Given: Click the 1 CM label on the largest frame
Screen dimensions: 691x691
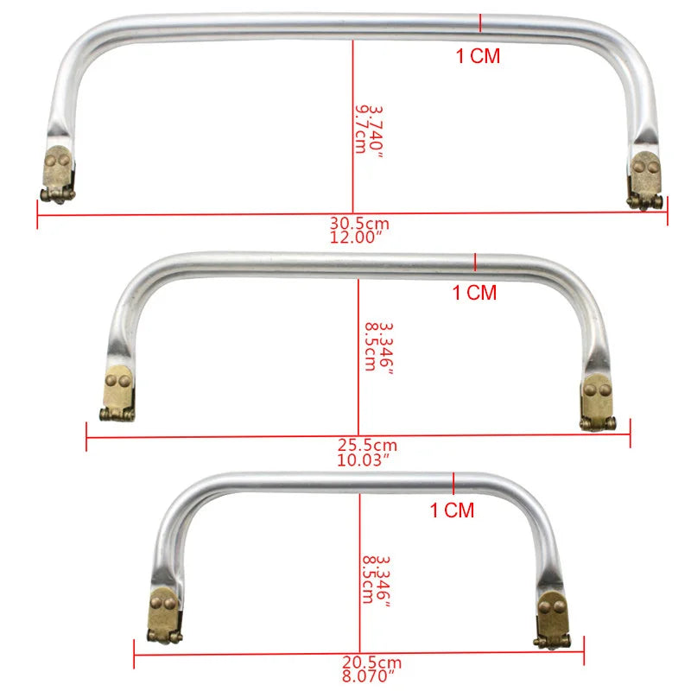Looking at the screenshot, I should [478, 57].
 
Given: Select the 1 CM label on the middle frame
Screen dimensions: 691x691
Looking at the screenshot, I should [475, 293].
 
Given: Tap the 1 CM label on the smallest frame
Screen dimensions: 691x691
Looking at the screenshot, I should [453, 510].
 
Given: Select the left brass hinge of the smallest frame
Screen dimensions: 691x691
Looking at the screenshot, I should [164, 616].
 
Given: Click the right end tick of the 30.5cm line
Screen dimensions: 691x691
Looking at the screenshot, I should [667, 212].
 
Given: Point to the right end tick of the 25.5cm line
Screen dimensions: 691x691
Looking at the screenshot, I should [630, 433].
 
